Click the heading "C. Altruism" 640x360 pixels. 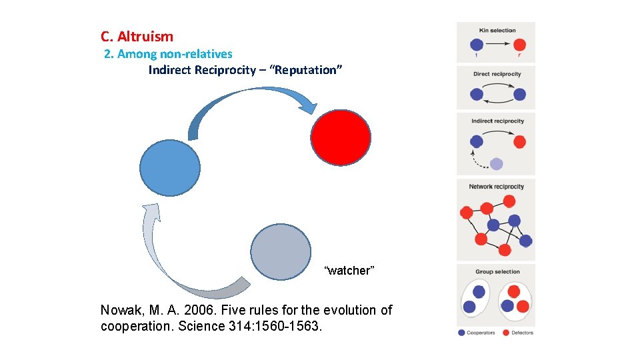(x=137, y=37)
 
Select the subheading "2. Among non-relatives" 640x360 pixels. (x=168, y=54)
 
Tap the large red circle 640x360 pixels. (x=341, y=137)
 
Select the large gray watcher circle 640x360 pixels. (x=281, y=252)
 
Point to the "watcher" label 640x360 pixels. (x=349, y=271)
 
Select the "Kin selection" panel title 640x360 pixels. (x=497, y=31)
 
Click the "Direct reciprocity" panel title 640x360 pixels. (x=497, y=74)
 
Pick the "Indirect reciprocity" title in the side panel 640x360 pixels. (x=497, y=121)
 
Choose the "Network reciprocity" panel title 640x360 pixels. (x=496, y=187)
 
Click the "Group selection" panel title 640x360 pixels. (x=497, y=272)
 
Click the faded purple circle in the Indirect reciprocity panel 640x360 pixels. (x=496, y=164)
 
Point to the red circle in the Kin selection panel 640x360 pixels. (x=519, y=45)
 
